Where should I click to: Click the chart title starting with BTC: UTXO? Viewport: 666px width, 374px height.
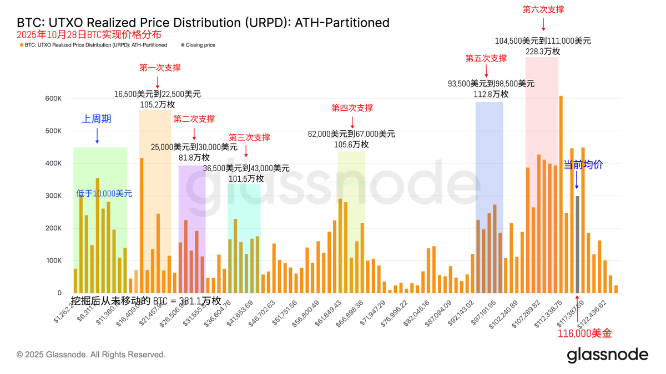[x=203, y=23]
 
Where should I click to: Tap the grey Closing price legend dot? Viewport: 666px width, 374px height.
[x=183, y=45]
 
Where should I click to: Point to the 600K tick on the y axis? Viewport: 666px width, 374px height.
[x=53, y=99]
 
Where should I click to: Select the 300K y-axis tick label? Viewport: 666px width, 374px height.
[x=53, y=196]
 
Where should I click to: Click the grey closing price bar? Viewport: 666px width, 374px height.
[x=577, y=244]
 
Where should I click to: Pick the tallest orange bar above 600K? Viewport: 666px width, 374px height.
[x=561, y=194]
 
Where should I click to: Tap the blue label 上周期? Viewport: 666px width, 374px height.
[x=97, y=119]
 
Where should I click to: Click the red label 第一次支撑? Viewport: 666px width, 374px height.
[x=160, y=68]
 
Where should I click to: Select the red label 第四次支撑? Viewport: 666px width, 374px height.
[x=352, y=108]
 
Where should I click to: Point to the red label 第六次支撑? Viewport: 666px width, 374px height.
[x=543, y=9]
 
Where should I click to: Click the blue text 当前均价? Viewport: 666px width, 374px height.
[x=583, y=165]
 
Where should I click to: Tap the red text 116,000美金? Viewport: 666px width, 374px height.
[x=584, y=334]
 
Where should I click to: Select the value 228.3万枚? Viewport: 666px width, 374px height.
[x=543, y=51]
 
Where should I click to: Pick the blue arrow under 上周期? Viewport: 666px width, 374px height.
[x=97, y=136]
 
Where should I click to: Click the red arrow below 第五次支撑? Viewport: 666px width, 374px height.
[x=486, y=70]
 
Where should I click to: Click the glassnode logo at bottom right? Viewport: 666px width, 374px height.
[x=607, y=355]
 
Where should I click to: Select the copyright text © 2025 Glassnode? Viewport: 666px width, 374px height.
[x=91, y=355]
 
